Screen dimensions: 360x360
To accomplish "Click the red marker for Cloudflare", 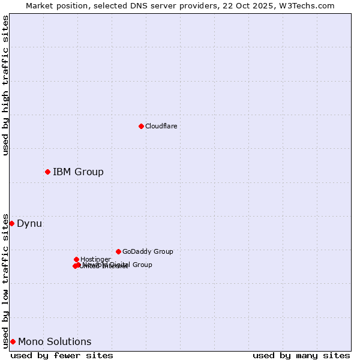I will (x=141, y=126).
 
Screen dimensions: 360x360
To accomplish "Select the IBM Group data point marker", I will (x=47, y=172).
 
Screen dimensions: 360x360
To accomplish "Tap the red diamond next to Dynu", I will (x=11, y=223).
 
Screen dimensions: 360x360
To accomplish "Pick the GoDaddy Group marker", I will (x=118, y=251).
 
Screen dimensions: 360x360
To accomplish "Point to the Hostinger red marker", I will (x=76, y=259).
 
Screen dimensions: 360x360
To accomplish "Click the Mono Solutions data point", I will (x=13, y=341).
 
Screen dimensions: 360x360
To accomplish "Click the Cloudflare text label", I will (x=161, y=126).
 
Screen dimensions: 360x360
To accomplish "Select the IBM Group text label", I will (x=78, y=172).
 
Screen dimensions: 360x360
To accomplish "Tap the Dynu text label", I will (x=29, y=224).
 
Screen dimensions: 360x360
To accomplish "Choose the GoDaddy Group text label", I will (x=148, y=251).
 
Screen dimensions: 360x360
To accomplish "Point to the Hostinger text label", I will (x=95, y=259).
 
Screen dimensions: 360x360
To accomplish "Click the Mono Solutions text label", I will (x=55, y=342).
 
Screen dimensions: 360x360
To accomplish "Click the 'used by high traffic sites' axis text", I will (x=5, y=85).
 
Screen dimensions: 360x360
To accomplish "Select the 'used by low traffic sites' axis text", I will (x=5, y=280).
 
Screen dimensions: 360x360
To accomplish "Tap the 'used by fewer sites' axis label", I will (x=62, y=355).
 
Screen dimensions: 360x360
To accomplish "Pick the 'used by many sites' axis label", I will (x=301, y=355).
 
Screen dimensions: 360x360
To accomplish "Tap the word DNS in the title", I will (x=128, y=5).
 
